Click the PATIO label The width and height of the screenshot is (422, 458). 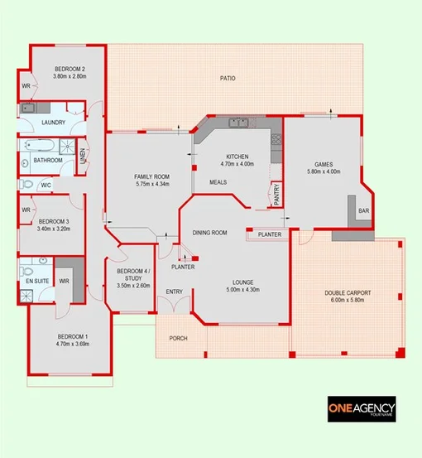[x=228, y=79]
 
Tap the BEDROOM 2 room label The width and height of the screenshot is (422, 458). [x=70, y=69]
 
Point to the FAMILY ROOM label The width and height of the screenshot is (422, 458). [x=151, y=176]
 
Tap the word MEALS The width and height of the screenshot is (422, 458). [x=218, y=182]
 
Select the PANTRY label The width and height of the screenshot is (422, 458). [x=277, y=194]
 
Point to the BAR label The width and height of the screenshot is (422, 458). [x=362, y=211]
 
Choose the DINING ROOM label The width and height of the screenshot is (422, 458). [x=210, y=234]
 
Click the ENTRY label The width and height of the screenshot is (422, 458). [x=174, y=292]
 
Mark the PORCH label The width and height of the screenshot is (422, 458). [x=178, y=338]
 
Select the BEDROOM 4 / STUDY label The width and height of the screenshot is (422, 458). [x=133, y=276]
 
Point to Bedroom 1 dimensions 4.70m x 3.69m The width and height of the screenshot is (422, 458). [x=72, y=343]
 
